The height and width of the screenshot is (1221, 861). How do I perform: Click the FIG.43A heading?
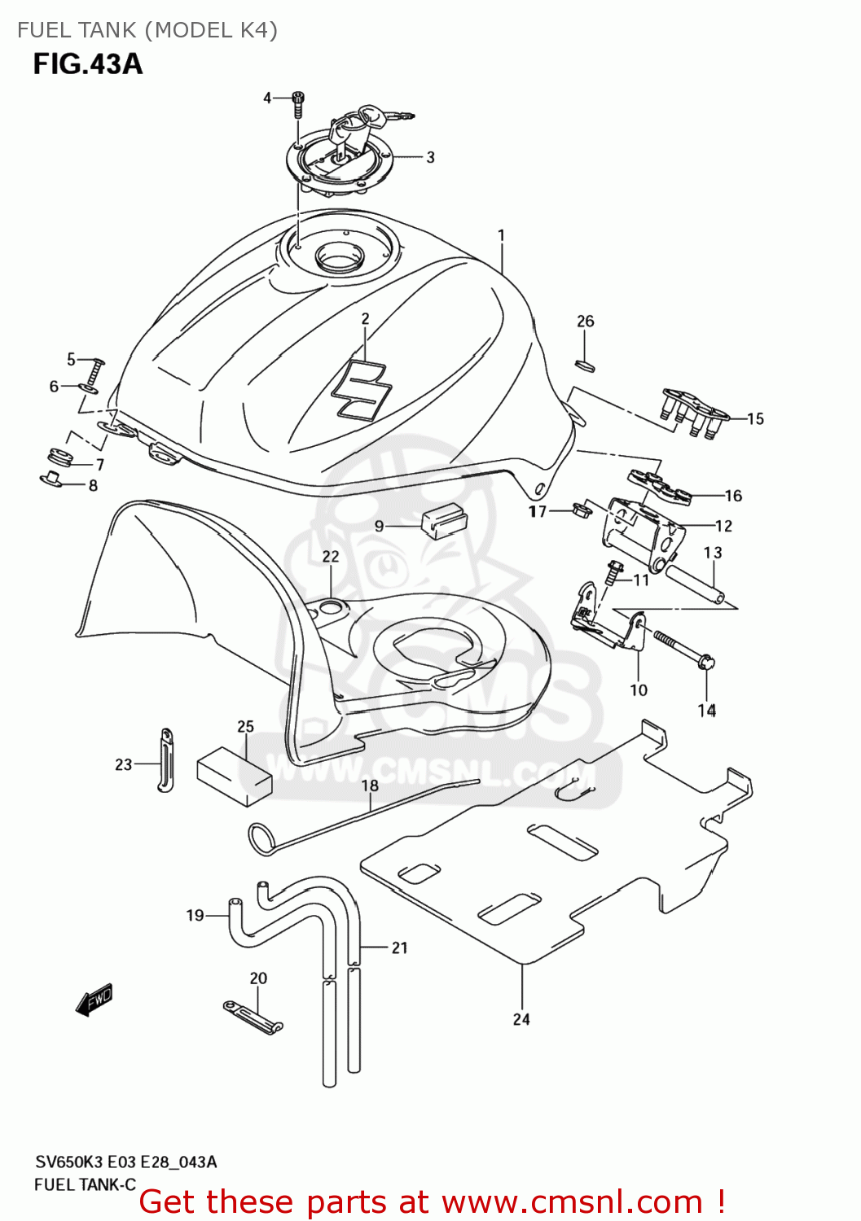pyautogui.click(x=87, y=64)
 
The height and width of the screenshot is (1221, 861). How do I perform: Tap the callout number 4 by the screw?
pyautogui.click(x=267, y=98)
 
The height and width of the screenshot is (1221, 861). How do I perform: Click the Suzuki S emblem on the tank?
pyautogui.click(x=362, y=388)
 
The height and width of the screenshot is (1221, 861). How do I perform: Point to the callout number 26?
pyautogui.click(x=586, y=322)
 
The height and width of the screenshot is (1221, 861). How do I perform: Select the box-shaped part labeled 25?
pyautogui.click(x=235, y=776)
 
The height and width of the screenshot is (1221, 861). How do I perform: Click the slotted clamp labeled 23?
pyautogui.click(x=165, y=760)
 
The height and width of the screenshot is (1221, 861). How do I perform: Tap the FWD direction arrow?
pyautogui.click(x=94, y=1000)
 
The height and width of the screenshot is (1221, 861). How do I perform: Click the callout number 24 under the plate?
pyautogui.click(x=521, y=1019)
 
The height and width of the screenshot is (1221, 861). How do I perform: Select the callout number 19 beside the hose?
pyautogui.click(x=195, y=916)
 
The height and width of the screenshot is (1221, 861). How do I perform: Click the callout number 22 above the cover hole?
pyautogui.click(x=330, y=557)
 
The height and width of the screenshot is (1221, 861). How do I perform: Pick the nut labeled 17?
pyautogui.click(x=582, y=511)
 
